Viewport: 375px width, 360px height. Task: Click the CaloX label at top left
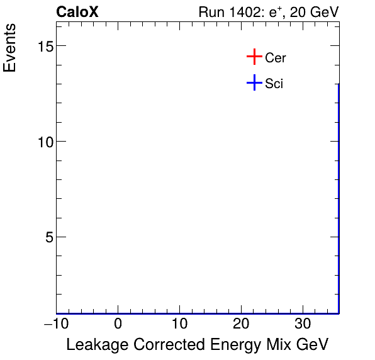tap(77, 12)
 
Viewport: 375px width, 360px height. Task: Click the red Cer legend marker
tap(254, 57)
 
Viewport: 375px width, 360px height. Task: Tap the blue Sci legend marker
tap(254, 82)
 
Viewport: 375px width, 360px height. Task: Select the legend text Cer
tap(276, 58)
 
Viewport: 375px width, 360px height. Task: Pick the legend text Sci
tap(274, 83)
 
